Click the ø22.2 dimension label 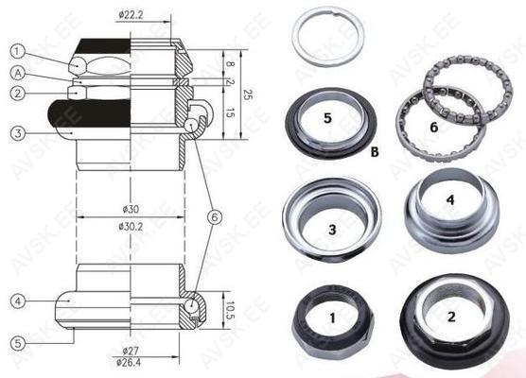[x=131, y=15]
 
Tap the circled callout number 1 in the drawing [x=18, y=51]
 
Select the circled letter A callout [x=18, y=74]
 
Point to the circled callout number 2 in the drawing [x=18, y=93]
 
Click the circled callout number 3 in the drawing [x=18, y=133]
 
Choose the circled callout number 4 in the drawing [x=18, y=301]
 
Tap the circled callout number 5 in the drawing [x=18, y=343]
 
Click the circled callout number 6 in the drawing [x=215, y=217]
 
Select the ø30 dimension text [x=131, y=210]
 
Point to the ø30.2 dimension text [x=131, y=227]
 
